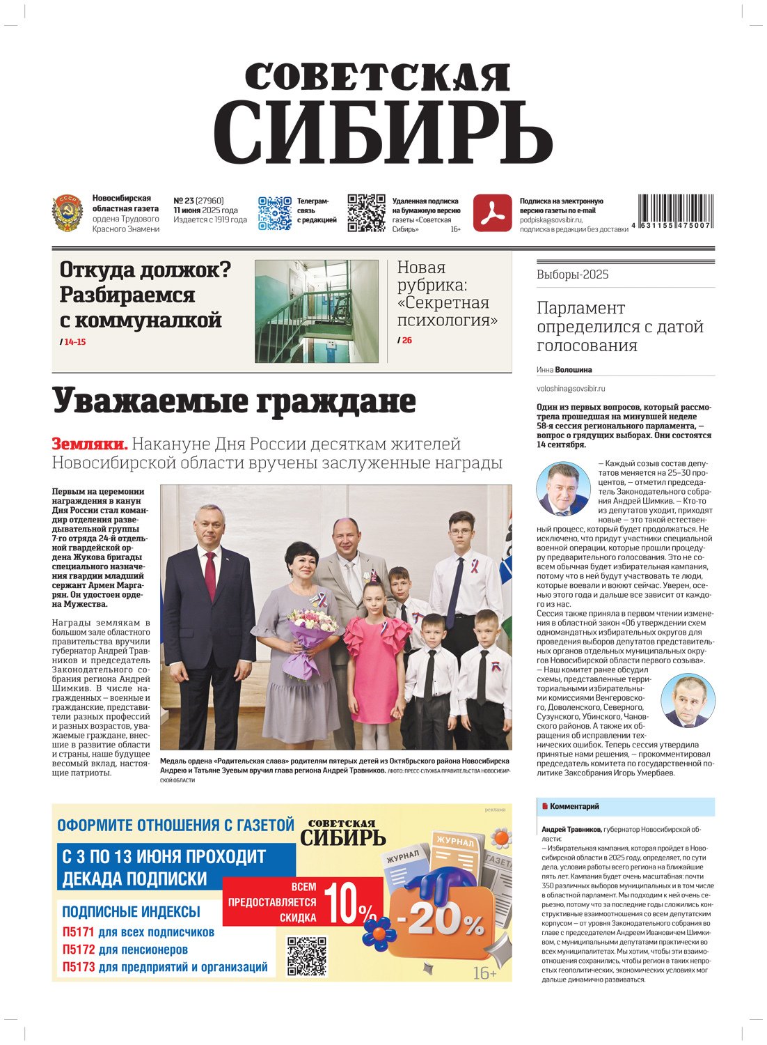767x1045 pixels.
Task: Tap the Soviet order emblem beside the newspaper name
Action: click(68, 213)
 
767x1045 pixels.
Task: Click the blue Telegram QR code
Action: click(274, 213)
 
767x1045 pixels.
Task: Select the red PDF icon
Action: click(492, 213)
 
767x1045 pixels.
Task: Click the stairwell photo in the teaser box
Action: click(316, 311)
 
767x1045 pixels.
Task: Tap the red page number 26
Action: click(407, 341)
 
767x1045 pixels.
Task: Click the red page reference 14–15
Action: click(74, 342)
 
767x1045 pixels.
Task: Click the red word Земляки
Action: click(89, 444)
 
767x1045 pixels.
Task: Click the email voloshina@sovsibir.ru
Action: click(571, 389)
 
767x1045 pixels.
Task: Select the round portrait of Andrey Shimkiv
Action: click(563, 489)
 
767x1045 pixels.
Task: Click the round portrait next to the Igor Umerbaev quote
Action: click(688, 700)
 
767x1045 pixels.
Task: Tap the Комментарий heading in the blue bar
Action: click(574, 807)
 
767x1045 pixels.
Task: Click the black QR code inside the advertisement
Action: click(306, 956)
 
